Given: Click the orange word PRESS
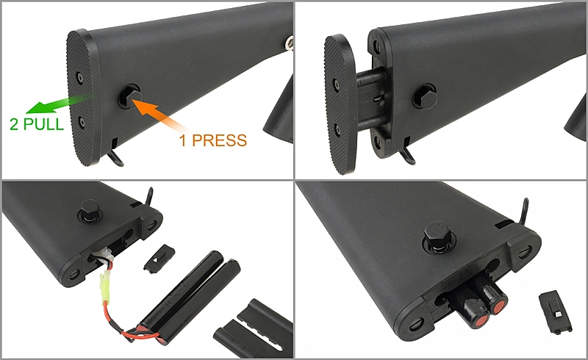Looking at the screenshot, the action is click(x=219, y=140).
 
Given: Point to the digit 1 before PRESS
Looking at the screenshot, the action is click(x=183, y=140).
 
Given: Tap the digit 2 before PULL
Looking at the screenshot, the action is click(x=14, y=124).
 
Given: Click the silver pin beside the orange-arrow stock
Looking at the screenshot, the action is click(x=289, y=42).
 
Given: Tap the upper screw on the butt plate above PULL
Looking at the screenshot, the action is click(x=79, y=76).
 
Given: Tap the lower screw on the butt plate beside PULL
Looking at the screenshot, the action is click(x=82, y=121).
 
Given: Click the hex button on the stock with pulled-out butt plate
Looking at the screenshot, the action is click(x=425, y=96).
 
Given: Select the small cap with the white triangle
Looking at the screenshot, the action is click(x=159, y=258).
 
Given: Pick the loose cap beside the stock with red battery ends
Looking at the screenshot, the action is click(x=556, y=312).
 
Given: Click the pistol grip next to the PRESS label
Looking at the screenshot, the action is click(x=279, y=112).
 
